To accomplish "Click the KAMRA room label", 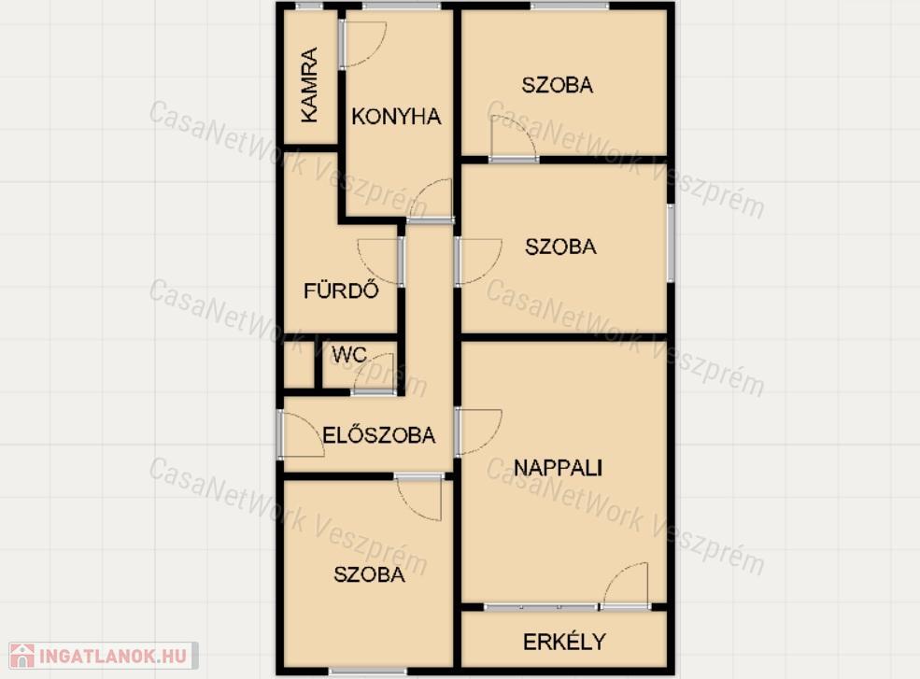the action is click(309, 85).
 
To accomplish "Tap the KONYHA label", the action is click(397, 117).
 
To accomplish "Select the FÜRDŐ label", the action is click(341, 290).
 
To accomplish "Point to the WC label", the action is click(349, 355).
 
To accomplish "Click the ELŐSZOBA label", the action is click(379, 435).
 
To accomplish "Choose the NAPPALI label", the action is click(558, 468).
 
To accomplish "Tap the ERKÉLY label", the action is click(564, 642).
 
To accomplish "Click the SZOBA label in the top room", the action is click(558, 85).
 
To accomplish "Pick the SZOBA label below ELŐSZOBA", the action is click(370, 574).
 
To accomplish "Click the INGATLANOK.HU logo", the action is click(104, 656).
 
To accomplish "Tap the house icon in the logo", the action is click(22, 656).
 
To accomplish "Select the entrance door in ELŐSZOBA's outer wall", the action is click(300, 433).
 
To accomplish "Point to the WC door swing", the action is click(374, 374).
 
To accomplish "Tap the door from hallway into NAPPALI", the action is click(478, 431).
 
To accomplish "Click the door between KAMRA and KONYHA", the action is click(362, 44).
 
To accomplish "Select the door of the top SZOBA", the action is click(514, 138).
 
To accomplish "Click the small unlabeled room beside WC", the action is click(299, 364).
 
